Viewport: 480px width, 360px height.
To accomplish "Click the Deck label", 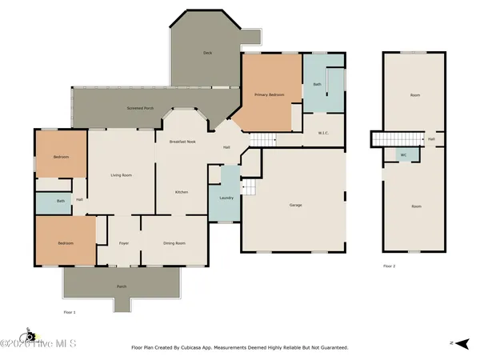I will (x=207, y=52).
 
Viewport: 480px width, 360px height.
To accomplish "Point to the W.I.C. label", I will (x=325, y=133).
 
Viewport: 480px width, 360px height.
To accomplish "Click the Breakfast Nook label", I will (x=183, y=141).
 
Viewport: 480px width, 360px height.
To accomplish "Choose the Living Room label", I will (x=121, y=174).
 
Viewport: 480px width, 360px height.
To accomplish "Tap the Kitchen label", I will (x=182, y=192).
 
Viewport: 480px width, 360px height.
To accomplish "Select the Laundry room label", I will (x=226, y=197).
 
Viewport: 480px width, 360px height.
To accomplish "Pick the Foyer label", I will (x=124, y=243).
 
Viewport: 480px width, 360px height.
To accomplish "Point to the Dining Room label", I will (x=174, y=243).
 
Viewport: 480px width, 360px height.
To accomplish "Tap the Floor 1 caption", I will (x=70, y=311).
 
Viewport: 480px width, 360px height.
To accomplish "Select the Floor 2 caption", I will (x=389, y=266).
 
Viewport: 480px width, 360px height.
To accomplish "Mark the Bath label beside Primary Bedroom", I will (x=317, y=84).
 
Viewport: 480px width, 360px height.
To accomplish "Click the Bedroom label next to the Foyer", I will (x=65, y=243).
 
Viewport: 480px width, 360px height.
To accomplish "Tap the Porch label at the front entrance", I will (x=122, y=286).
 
